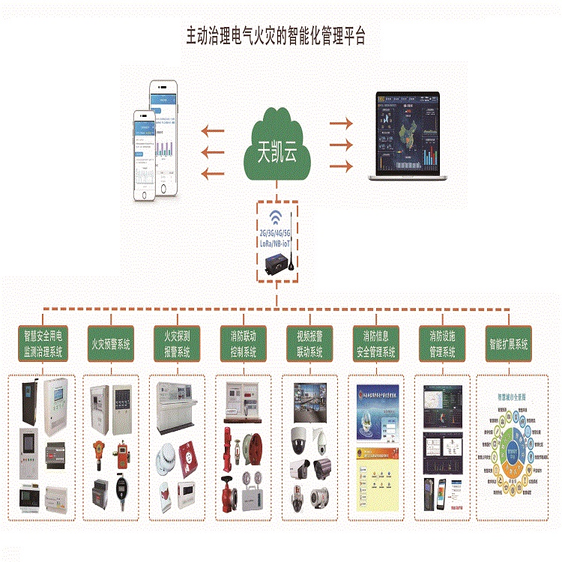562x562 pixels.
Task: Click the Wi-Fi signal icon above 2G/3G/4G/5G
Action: point(277,218)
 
